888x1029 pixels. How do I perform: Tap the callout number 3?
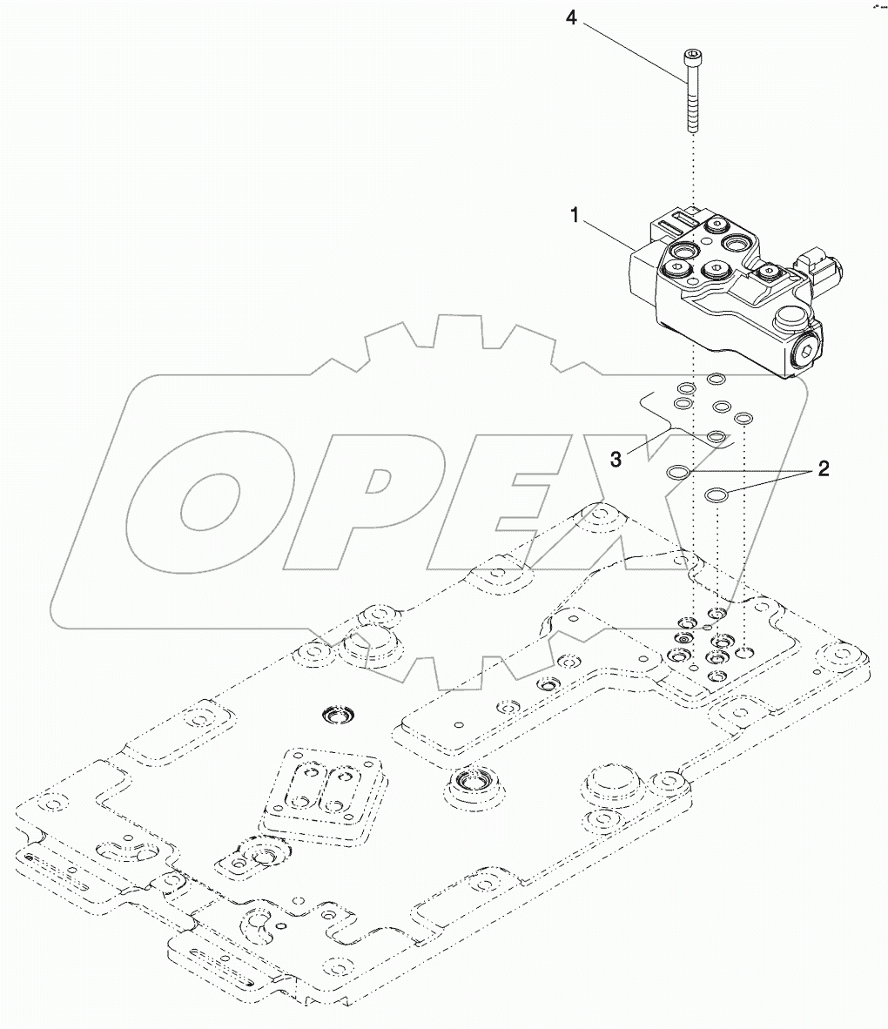(616, 459)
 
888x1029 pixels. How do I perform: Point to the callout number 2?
(821, 469)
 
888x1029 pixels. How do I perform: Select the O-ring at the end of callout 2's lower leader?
(716, 494)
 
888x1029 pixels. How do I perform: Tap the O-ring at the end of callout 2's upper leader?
(678, 471)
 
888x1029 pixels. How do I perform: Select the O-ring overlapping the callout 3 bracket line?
(716, 436)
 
